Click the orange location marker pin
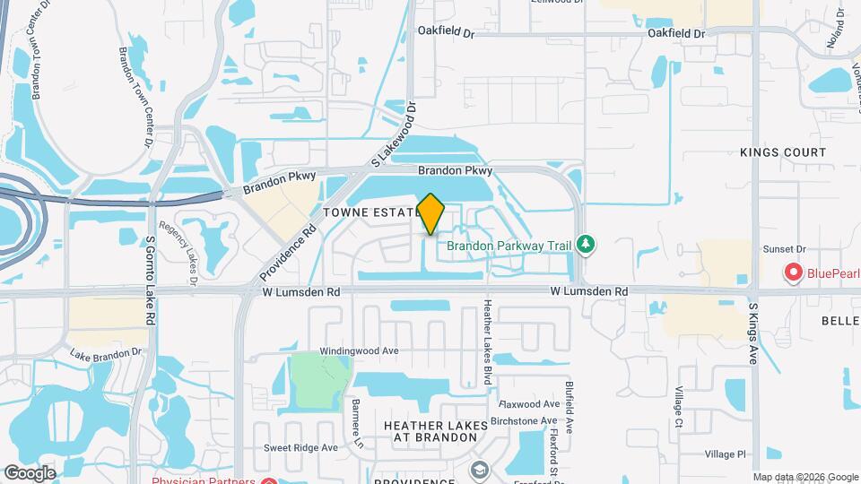pos(431,213)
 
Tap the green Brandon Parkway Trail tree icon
pos(586,243)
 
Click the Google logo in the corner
pos(30,472)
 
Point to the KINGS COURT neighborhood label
pos(783,152)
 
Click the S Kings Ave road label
pos(753,333)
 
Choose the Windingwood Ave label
pos(359,351)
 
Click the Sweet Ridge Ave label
pos(300,447)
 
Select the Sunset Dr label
pos(785,249)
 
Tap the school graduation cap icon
pos(480,470)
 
